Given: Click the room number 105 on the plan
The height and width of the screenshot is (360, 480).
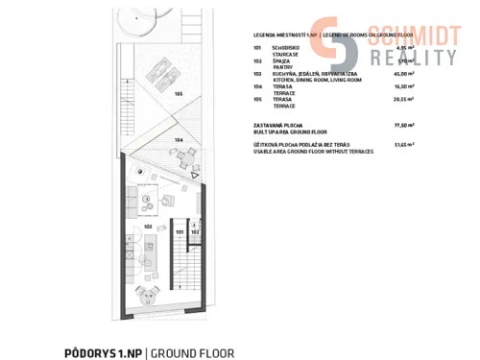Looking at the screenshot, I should click(x=179, y=94).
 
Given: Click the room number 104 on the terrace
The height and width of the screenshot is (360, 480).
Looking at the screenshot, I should click(x=179, y=140).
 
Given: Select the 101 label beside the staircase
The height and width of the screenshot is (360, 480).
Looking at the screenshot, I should click(x=180, y=231).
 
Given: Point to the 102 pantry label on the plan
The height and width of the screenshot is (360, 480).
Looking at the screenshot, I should click(x=195, y=231).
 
